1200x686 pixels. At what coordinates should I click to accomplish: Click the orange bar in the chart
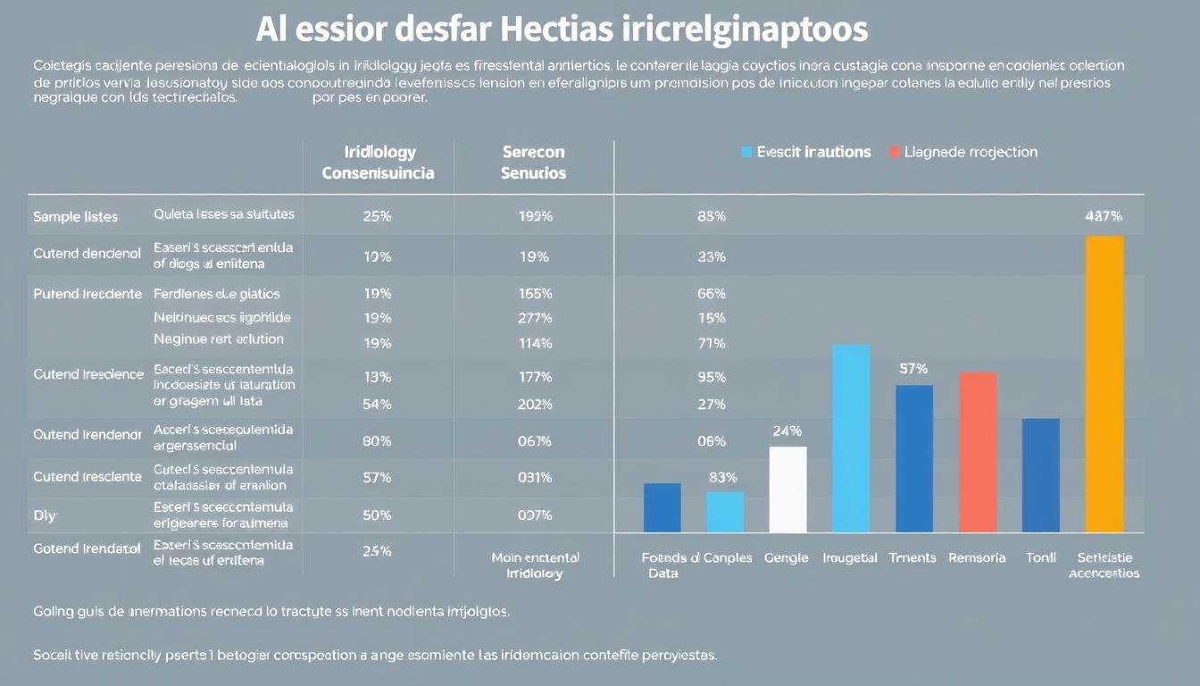(x=1104, y=384)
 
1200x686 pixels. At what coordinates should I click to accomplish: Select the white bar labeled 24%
(x=787, y=489)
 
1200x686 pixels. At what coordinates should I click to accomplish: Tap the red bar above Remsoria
(x=978, y=452)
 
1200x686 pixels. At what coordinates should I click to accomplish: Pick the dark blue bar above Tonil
(x=1040, y=475)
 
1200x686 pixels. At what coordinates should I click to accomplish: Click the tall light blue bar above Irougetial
(x=851, y=439)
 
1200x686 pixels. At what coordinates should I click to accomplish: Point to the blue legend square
(x=746, y=153)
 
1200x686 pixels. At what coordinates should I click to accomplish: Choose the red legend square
(x=895, y=153)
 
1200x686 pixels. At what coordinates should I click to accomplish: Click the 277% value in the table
(x=534, y=317)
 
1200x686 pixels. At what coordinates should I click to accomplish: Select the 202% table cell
(x=534, y=404)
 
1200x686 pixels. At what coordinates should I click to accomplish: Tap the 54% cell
(x=378, y=404)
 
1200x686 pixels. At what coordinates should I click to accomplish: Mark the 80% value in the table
(x=378, y=440)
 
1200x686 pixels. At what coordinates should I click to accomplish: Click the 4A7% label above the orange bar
(x=1104, y=215)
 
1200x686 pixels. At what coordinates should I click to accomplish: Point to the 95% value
(x=711, y=377)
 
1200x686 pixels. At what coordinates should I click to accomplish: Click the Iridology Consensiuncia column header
(x=378, y=163)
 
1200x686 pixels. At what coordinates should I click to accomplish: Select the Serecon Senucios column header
(x=534, y=163)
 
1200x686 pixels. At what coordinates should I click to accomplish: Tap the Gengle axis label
(x=786, y=557)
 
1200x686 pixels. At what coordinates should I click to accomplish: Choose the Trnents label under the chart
(x=912, y=557)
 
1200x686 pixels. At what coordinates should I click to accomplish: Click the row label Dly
(x=45, y=515)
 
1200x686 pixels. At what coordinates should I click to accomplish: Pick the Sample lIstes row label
(x=75, y=216)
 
